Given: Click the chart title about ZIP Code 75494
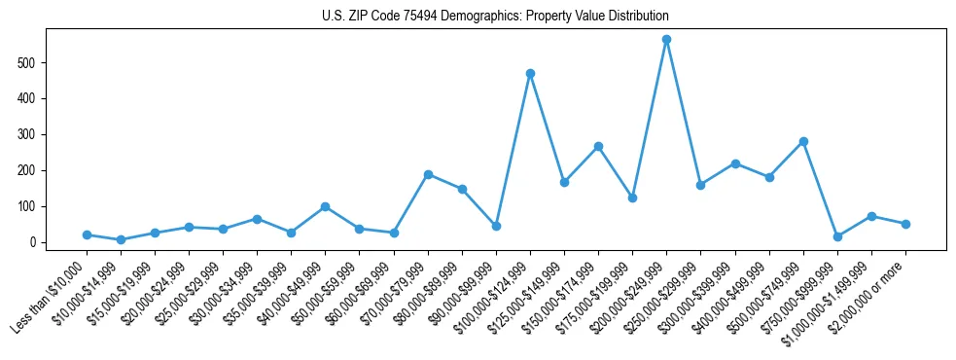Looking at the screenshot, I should pos(495,17).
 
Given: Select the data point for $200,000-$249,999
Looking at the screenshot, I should pos(666,40).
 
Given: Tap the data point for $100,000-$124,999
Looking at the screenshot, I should pos(530,73).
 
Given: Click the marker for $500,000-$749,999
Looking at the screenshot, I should pos(803,141).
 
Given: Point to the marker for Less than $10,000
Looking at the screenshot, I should pos(87,234).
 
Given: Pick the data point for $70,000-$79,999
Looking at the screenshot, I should pos(428,174).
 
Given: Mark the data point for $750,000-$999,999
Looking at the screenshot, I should pos(837,236).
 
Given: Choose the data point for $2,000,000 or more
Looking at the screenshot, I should pos(905,224).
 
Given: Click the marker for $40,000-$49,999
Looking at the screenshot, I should pos(325,206).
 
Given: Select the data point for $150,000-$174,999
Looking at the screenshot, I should pos(598,146).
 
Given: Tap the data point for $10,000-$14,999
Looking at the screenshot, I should pos(121,239).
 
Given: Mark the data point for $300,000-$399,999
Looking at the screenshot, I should pos(735,163).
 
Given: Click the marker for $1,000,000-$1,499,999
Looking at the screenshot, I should pos(871,216).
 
